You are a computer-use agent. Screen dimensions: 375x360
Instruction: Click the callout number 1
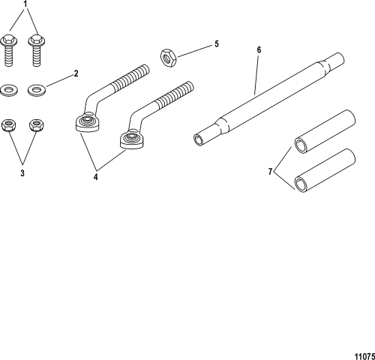pyautogui.click(x=25, y=4)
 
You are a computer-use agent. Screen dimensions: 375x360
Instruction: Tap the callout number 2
pyautogui.click(x=76, y=73)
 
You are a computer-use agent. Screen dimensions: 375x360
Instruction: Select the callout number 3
pyautogui.click(x=22, y=173)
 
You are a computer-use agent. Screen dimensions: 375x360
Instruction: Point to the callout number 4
pyautogui.click(x=95, y=177)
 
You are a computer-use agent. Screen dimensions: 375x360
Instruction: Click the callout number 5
pyautogui.click(x=217, y=44)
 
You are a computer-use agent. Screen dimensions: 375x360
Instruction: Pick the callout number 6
pyautogui.click(x=259, y=50)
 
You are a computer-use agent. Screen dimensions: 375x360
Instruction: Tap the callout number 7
pyautogui.click(x=270, y=172)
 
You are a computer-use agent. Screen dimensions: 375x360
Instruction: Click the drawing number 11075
pyautogui.click(x=364, y=356)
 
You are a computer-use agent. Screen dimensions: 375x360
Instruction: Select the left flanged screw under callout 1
pyautogui.click(x=8, y=51)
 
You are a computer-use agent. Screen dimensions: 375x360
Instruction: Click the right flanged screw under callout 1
pyautogui.click(x=37, y=51)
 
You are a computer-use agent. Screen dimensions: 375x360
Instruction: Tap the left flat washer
pyautogui.click(x=9, y=91)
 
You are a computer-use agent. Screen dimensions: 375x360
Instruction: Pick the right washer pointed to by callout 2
pyautogui.click(x=37, y=90)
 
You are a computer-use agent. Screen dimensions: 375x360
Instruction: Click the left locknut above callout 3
pyautogui.click(x=9, y=125)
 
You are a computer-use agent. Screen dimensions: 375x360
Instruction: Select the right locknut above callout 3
pyautogui.click(x=37, y=125)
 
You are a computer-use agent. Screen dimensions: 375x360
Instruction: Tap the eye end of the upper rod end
pyautogui.click(x=88, y=123)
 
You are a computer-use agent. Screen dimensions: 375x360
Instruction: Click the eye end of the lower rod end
pyautogui.click(x=132, y=139)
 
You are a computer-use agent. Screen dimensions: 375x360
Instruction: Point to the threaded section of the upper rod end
pyautogui.click(x=130, y=77)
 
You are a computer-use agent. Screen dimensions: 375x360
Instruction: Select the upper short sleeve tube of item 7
pyautogui.click(x=325, y=131)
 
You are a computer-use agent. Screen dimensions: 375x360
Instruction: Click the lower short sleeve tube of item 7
pyautogui.click(x=325, y=170)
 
